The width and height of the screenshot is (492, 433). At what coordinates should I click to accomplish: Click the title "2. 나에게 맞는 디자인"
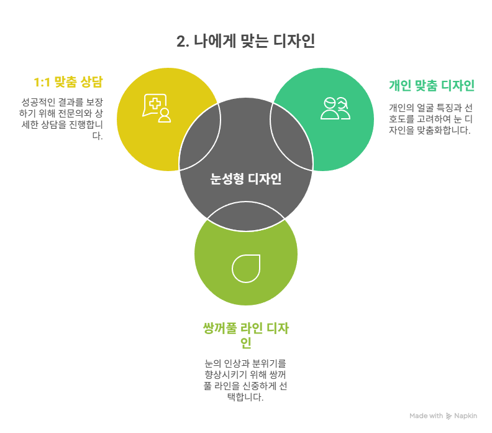point(245,41)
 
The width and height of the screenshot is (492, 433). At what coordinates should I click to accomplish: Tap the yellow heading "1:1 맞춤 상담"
point(68,82)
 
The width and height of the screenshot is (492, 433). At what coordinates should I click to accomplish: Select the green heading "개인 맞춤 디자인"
point(432,85)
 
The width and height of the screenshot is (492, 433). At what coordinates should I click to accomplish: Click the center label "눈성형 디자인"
point(245,179)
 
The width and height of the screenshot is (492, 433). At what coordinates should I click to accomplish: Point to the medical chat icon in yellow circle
point(157,108)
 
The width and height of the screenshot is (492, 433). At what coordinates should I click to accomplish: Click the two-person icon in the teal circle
point(335,108)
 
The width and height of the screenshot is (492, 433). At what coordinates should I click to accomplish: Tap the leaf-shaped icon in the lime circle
point(246,268)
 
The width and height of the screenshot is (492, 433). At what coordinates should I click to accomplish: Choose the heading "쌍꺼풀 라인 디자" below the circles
point(245,328)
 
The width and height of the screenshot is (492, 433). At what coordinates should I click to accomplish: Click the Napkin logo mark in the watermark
point(449,416)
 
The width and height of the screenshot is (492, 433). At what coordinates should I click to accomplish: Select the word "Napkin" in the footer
point(466,416)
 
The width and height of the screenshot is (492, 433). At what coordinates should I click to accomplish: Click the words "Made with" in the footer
point(426,416)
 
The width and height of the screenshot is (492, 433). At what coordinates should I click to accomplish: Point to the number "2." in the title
point(183,42)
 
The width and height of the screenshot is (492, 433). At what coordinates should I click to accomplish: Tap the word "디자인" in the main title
point(294,41)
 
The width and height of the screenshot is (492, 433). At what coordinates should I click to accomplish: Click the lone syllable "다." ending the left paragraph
point(98,136)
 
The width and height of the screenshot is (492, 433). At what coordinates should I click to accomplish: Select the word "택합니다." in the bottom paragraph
point(245,397)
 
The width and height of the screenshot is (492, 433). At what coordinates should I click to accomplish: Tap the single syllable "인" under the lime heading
point(246,343)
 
